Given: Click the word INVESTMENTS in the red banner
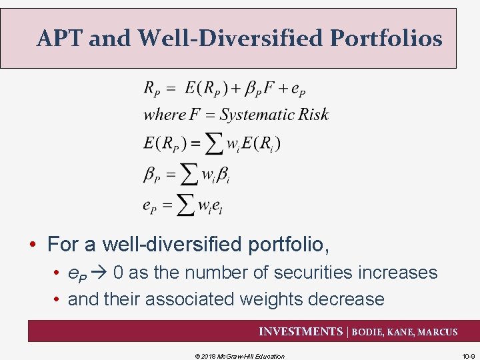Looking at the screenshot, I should point(300,331).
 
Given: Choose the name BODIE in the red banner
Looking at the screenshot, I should point(368,332).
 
